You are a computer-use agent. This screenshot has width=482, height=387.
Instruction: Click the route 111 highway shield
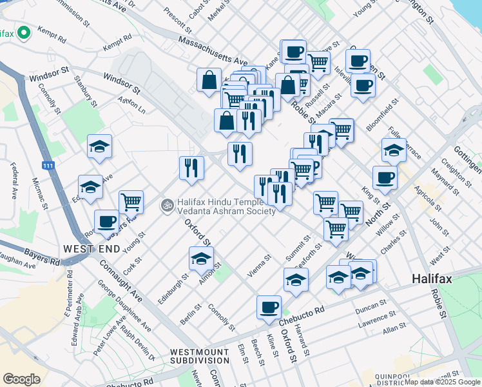pos(48,166)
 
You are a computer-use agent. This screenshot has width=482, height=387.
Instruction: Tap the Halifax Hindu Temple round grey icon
pos(167,205)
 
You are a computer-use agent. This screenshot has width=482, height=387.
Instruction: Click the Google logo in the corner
pos(21,379)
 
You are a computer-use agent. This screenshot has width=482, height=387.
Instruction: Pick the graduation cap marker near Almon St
pos(201,258)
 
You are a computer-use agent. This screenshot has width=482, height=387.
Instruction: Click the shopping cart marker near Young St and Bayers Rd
pos(131,201)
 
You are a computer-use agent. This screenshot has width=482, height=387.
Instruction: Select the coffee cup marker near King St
pos(385,177)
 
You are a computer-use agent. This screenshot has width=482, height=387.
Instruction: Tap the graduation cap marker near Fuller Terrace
pos(394,150)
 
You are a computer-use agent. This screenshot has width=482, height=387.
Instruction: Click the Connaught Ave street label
pos(119,284)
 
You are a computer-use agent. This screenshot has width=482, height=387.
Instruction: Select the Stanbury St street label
pos(85,92)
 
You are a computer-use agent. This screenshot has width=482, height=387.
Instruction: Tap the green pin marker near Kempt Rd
pos(24,32)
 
